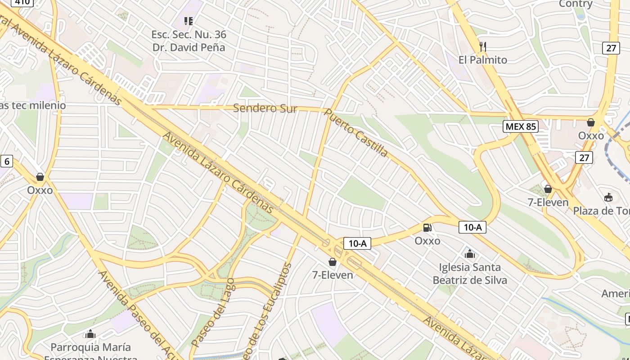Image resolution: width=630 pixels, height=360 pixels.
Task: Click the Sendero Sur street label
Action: coord(265,108)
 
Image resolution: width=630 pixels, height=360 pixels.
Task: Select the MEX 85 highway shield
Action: coord(521,126)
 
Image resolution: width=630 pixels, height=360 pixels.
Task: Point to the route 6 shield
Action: coord(6,161)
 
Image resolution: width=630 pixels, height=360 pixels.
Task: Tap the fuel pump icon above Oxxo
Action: coord(427,228)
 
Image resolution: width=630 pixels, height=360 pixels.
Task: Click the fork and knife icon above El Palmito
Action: coord(483,47)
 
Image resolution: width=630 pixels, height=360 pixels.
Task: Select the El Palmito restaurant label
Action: coord(482,60)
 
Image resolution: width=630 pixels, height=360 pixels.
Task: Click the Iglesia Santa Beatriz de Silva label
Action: coord(470,274)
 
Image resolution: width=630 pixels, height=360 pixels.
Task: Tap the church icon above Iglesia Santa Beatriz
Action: coord(470,254)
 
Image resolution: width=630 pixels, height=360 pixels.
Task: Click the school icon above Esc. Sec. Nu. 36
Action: coord(189,21)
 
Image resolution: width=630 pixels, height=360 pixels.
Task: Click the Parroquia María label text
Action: coord(90,347)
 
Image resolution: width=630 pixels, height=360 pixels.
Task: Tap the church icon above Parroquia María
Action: coord(90,334)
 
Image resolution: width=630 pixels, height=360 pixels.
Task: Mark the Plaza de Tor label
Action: coord(601,211)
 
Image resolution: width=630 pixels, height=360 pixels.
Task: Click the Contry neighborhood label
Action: coord(576,4)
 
